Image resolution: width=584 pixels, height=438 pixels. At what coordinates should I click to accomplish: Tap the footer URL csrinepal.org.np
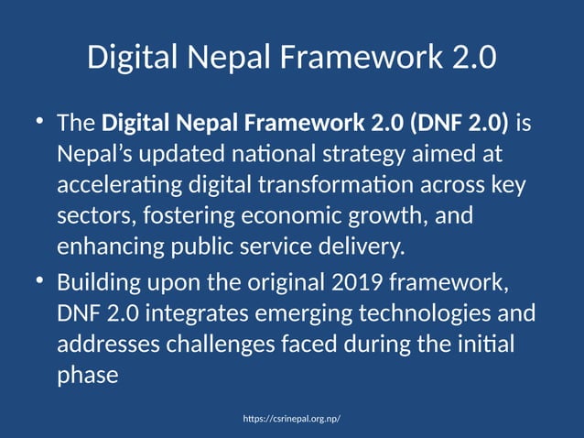292,418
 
